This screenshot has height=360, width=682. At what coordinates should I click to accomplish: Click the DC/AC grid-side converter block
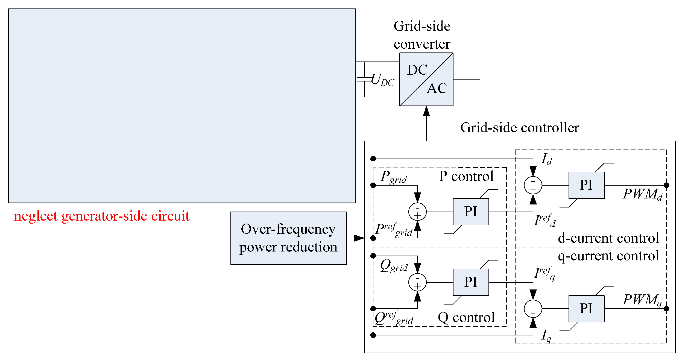426,79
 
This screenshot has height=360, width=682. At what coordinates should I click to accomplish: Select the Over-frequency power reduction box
288,238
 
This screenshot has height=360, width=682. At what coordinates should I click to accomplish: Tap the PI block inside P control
471,212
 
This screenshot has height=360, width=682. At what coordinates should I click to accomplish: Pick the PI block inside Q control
471,282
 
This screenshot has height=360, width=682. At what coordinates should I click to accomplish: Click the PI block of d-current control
586,185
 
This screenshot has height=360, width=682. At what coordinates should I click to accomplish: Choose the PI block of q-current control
586,309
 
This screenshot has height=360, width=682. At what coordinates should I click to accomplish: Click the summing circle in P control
417,212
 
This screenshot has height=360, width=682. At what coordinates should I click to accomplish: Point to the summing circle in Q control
417,282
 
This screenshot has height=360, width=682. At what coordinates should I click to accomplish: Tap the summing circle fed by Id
533,185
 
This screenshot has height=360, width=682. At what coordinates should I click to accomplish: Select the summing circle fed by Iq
533,309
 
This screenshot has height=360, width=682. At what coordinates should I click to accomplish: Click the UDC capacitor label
382,80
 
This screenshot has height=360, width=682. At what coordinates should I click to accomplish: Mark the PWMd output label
642,194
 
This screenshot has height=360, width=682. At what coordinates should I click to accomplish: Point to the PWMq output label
642,300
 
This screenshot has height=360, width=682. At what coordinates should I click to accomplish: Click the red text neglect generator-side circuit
102,216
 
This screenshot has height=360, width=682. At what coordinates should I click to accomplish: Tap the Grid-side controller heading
520,128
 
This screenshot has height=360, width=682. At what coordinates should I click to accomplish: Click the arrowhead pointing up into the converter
426,111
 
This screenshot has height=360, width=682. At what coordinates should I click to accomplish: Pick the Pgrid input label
394,177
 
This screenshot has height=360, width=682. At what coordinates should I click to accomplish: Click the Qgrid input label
394,266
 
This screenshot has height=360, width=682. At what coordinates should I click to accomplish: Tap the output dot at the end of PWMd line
666,185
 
